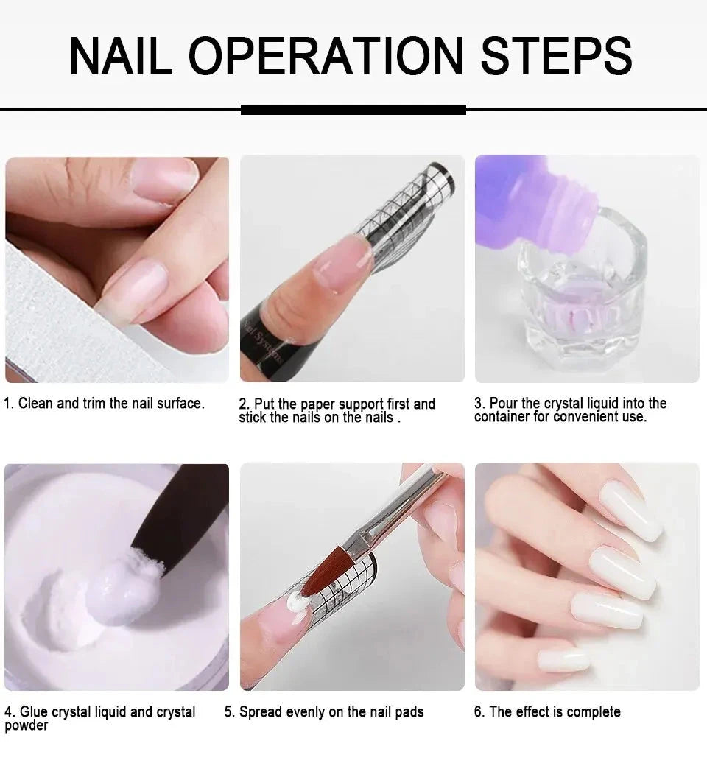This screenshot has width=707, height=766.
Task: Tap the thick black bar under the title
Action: (353, 110)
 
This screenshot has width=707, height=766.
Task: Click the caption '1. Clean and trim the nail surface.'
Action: (105, 404)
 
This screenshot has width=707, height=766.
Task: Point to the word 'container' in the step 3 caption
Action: (503, 418)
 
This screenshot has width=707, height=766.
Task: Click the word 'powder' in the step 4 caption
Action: (27, 726)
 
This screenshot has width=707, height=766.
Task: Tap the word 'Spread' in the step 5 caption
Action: (260, 712)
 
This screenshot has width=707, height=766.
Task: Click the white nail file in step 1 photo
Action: (52, 317)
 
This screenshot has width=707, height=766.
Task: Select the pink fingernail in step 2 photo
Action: (342, 262)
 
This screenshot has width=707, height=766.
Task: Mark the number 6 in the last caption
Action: (478, 712)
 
